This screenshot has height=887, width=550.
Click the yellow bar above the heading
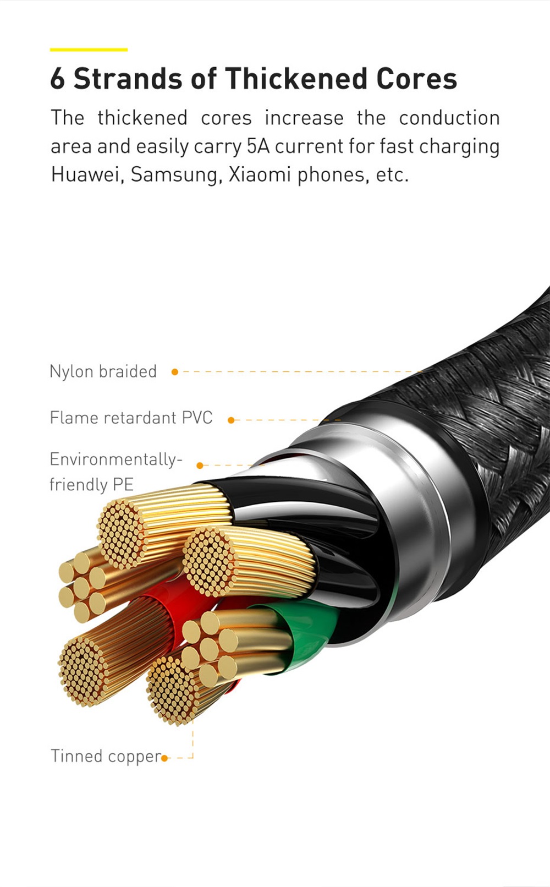point(89,50)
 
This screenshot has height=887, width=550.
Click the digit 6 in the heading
point(57,79)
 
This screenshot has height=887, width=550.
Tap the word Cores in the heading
point(416,79)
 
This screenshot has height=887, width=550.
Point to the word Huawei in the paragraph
point(85,174)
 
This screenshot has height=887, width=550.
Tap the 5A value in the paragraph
point(258,146)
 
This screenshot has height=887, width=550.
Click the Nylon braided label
point(103,371)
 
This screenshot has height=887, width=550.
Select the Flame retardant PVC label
point(131,418)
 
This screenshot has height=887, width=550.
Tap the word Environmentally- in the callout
point(116,459)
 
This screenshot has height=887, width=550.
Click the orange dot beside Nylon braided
point(175,372)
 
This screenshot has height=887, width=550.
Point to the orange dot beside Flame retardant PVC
point(231,420)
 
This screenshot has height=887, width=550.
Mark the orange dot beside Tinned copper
point(164,758)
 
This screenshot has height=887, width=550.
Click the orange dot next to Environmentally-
point(200,466)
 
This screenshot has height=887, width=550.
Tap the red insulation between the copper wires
point(165,605)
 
